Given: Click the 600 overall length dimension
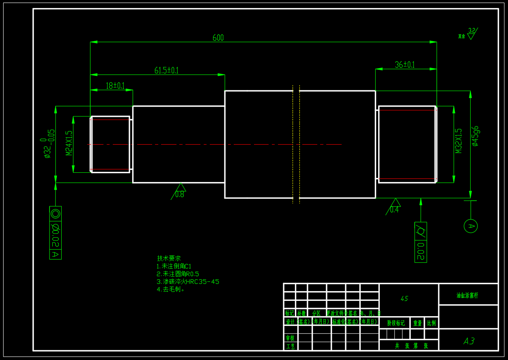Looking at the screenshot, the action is [x=218, y=38].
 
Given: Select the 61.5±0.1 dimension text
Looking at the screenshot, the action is [x=166, y=71].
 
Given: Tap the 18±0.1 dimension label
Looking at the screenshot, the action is [x=115, y=86].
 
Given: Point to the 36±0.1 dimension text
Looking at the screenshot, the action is [x=405, y=65].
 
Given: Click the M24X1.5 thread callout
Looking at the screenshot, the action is [x=69, y=143].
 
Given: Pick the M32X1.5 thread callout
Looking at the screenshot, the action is [x=458, y=141].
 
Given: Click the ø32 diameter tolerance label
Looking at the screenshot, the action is [x=47, y=144].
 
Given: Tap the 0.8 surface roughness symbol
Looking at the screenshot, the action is [x=179, y=191].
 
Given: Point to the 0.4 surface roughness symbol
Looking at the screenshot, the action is [x=394, y=206].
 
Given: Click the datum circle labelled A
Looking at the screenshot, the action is [x=471, y=226].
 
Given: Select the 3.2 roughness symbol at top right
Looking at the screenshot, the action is [x=471, y=33].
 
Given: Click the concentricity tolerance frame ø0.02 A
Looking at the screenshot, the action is [x=56, y=233].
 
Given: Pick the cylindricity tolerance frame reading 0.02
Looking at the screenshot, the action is [x=420, y=242].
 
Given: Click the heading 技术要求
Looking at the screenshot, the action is [x=169, y=258].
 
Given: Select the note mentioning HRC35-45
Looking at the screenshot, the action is [x=188, y=281].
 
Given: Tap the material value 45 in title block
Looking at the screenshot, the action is [x=404, y=299].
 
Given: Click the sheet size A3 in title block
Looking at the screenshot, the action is [x=469, y=341].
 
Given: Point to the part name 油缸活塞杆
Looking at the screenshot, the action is [x=467, y=296].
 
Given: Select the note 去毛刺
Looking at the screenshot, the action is [x=171, y=289].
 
